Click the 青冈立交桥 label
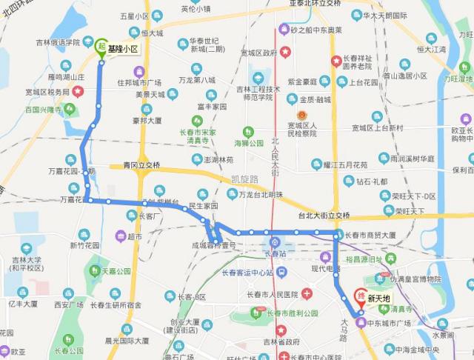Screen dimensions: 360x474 point(141,164)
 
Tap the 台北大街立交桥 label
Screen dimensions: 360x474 point(323,216)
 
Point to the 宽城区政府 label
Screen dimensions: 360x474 point(258,53)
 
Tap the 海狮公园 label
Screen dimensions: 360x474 point(249,143)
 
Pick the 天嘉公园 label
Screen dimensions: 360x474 point(116,272)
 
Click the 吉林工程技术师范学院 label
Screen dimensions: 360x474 point(258,93)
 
